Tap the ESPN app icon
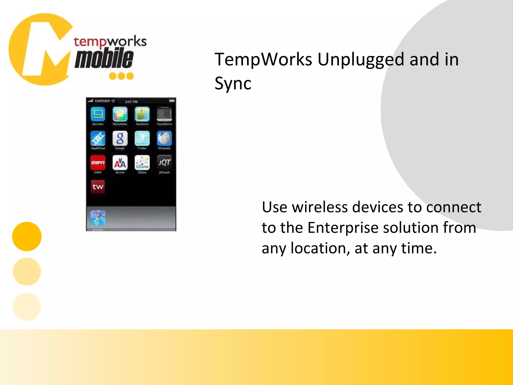[98, 162]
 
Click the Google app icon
[120, 138]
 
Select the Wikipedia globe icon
[164, 138]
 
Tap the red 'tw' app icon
[98, 187]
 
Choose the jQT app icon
[164, 162]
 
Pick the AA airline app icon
[120, 162]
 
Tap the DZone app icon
[142, 162]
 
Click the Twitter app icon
[142, 138]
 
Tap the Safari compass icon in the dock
[98, 218]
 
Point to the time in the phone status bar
[131, 102]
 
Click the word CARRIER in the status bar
[102, 101]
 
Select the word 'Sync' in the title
[233, 83]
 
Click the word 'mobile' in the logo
[104, 59]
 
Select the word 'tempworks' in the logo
[110, 41]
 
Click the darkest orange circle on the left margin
[27, 236]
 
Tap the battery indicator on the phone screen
[172, 101]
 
